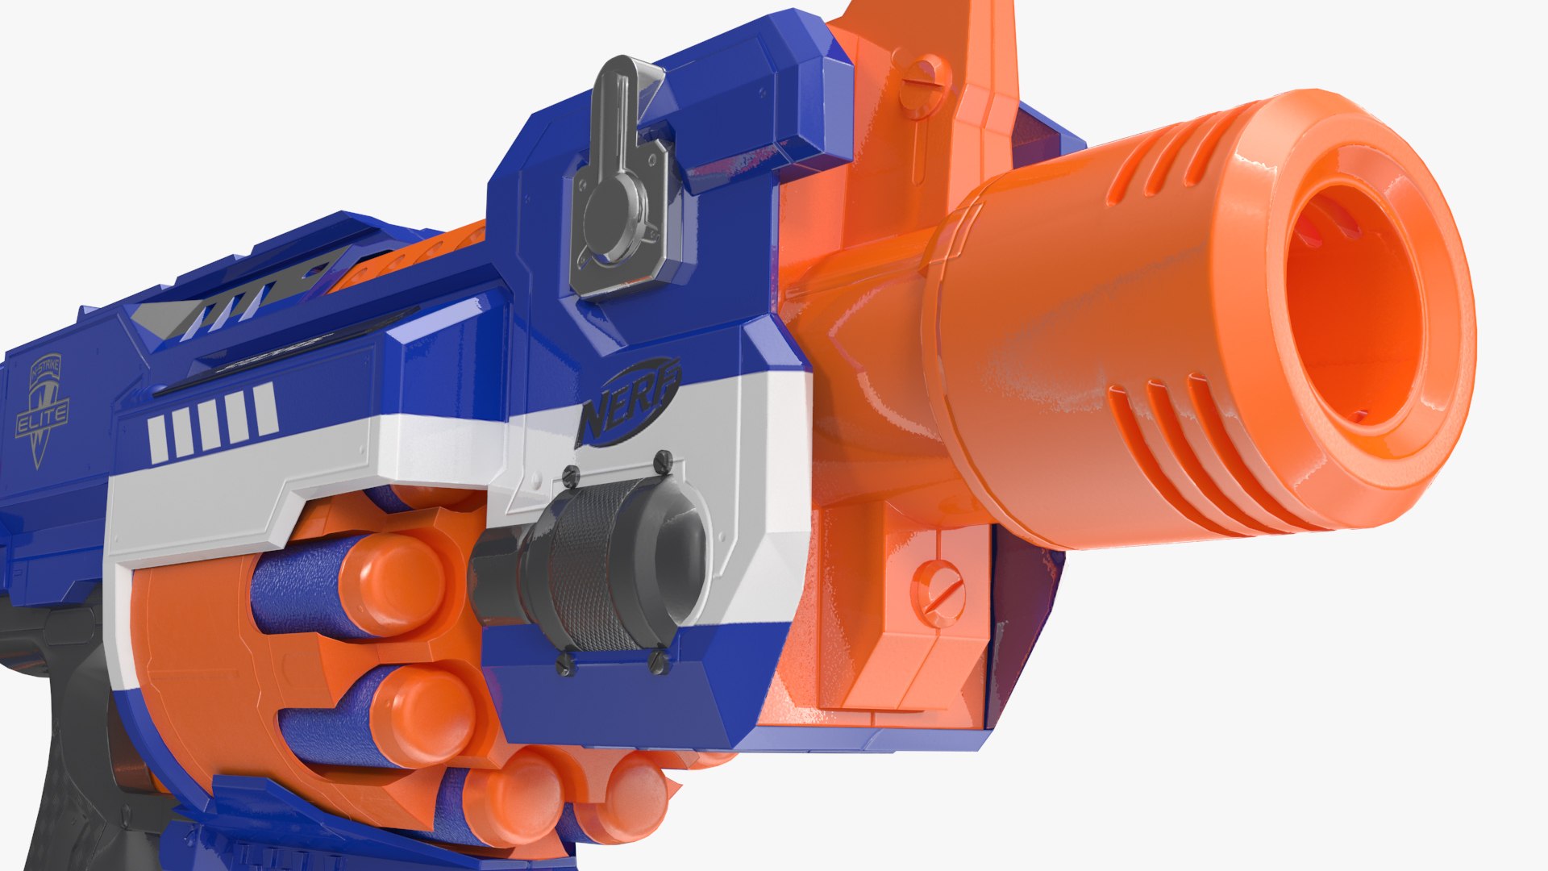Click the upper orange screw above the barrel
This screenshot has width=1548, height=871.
point(924,81)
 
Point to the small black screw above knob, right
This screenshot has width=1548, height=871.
point(663,462)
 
